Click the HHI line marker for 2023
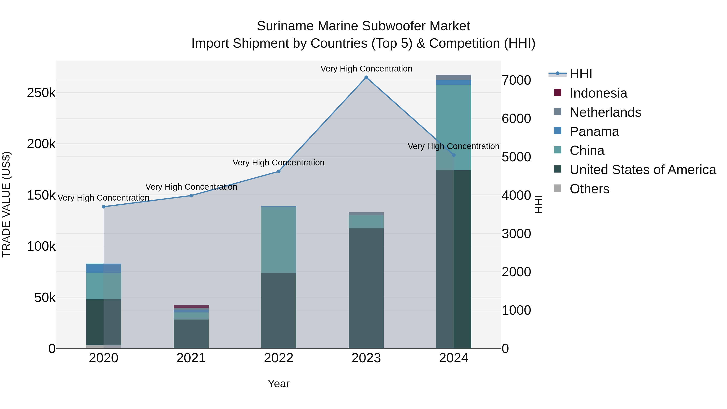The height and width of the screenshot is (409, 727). click(366, 77)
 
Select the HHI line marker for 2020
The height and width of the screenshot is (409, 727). click(104, 207)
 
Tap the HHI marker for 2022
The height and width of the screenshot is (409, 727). click(278, 171)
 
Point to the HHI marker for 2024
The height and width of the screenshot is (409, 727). click(454, 155)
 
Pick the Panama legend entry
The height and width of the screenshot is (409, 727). click(594, 131)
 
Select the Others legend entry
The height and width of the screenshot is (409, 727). click(589, 189)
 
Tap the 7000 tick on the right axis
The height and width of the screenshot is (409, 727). click(516, 80)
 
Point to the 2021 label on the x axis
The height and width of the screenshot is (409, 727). click(191, 358)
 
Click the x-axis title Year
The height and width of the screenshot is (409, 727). click(278, 384)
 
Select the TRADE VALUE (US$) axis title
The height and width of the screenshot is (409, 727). click(6, 204)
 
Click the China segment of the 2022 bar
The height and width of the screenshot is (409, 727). click(278, 240)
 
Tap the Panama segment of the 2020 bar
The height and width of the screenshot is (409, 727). click(104, 268)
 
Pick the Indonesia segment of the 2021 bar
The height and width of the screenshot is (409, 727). click(191, 307)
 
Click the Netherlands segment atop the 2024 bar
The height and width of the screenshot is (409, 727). click(454, 77)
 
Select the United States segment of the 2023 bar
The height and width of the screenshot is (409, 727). click(366, 288)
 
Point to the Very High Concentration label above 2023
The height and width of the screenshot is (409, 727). click(366, 69)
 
